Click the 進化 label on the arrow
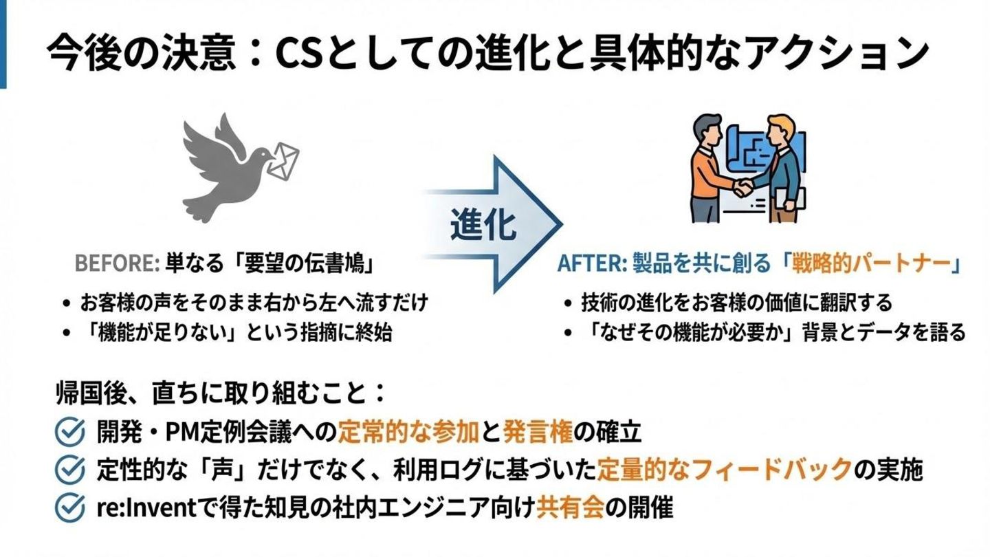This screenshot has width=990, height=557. tap(484, 225)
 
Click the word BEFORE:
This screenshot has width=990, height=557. tap(117, 263)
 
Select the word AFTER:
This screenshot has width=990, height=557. tap(590, 263)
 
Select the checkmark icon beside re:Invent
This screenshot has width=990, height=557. tap(69, 508)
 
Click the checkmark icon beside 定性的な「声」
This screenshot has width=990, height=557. tap(69, 470)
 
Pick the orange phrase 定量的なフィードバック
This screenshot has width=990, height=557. tap(725, 470)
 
